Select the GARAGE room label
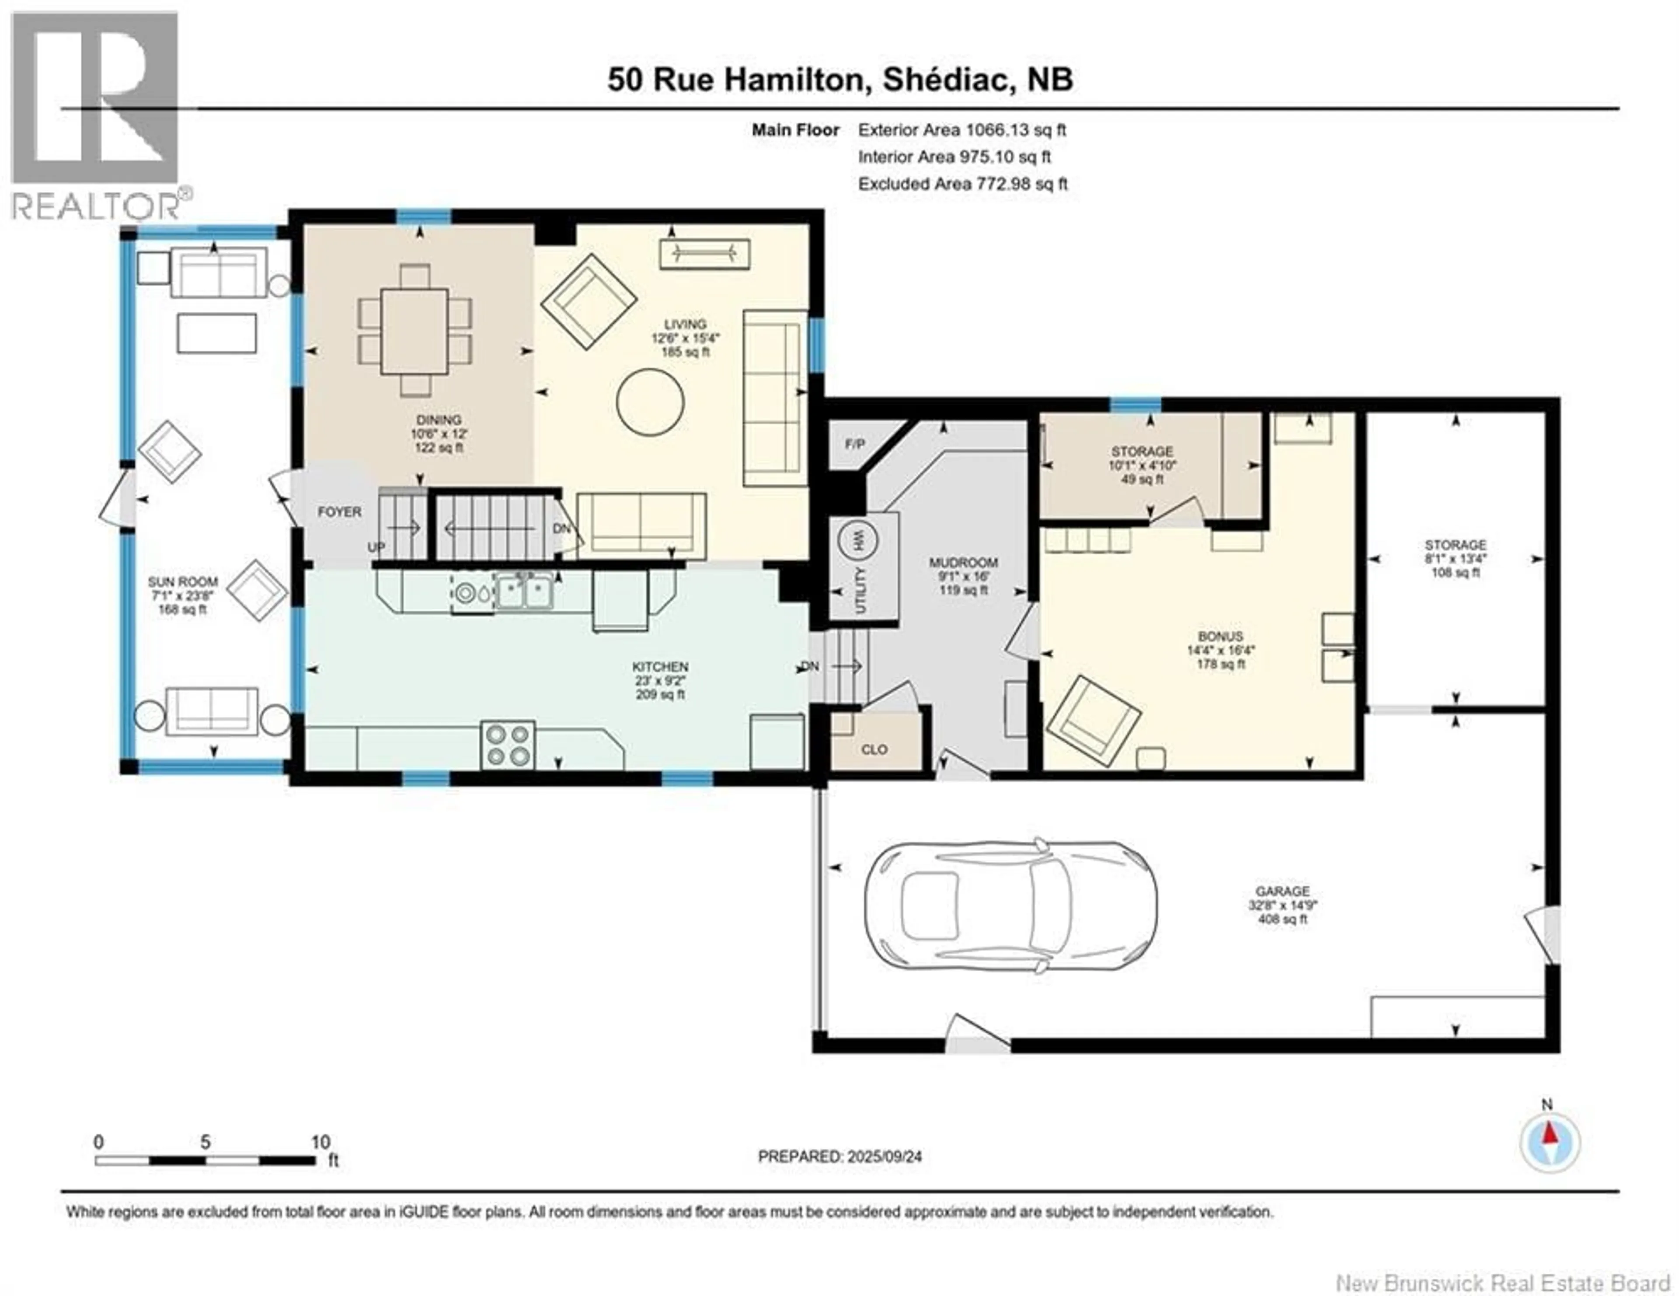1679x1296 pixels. point(1282,892)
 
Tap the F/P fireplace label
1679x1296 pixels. point(855,444)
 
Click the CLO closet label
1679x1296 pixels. point(874,749)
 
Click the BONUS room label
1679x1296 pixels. point(1220,637)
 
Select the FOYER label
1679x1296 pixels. point(339,512)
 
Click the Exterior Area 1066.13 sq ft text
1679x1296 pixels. point(962,130)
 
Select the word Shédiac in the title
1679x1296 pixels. point(946,80)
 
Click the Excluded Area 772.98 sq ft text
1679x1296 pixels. point(962,184)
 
